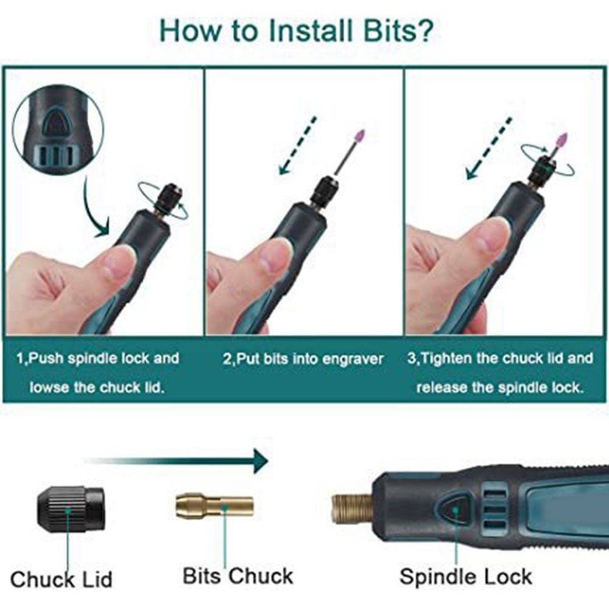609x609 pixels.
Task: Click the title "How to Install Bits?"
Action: [296, 30]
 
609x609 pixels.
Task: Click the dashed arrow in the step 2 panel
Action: [298, 144]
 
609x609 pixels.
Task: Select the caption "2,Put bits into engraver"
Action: [303, 359]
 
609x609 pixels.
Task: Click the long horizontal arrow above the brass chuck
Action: [177, 461]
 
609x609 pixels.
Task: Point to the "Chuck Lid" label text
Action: [61, 579]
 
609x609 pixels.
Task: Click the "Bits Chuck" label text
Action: [238, 576]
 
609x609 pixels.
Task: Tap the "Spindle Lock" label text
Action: [465, 576]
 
